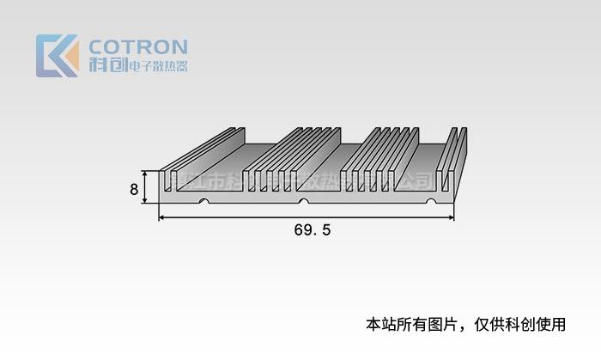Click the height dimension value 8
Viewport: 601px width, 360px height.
[135, 189]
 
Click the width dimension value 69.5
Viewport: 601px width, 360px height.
[313, 230]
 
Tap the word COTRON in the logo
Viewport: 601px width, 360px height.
[138, 46]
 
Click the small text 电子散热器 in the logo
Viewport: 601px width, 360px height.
[157, 67]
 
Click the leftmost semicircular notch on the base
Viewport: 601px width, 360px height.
[203, 202]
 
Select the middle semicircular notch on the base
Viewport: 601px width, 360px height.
[302, 202]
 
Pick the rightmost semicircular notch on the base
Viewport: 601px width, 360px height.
[432, 202]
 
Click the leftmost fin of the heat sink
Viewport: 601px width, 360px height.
[165, 180]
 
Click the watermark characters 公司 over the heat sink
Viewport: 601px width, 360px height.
[416, 181]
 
